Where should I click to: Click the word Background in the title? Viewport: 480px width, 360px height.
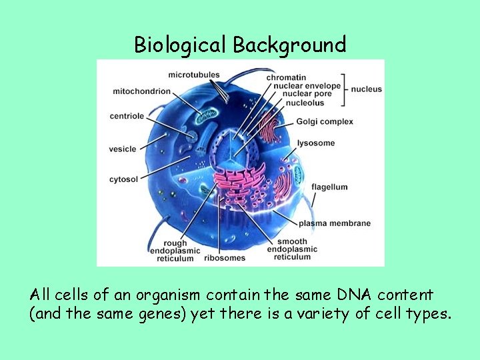289,45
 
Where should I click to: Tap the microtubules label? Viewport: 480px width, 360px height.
194,74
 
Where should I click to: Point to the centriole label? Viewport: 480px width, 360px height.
127,116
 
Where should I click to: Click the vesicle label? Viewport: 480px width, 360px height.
123,149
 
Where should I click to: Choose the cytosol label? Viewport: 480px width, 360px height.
123,179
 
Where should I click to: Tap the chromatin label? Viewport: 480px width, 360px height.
286,77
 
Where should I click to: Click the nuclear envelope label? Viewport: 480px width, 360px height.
303,86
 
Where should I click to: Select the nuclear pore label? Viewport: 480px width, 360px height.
307,94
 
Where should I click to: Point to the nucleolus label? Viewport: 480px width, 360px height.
303,103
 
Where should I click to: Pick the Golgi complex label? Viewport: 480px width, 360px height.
326,122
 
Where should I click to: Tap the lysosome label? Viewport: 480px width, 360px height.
317,143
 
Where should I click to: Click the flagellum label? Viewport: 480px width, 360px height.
329,187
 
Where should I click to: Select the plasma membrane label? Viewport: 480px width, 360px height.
334,223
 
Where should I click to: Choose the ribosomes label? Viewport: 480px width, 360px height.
225,257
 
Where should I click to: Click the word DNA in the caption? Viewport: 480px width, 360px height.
345,294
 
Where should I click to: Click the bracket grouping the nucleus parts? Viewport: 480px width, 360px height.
345,89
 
